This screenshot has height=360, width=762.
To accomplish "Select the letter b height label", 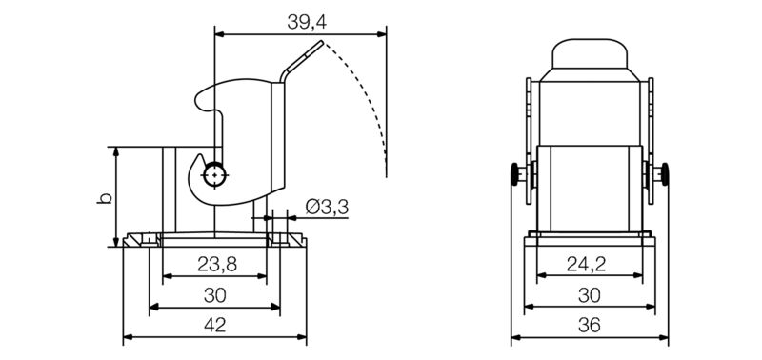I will (105, 198).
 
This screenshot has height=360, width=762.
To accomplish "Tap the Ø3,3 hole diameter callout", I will (325, 207).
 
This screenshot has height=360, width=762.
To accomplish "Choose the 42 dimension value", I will (215, 326).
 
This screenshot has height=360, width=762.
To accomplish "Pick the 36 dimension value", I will (589, 326).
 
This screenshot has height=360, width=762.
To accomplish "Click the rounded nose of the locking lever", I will (201, 97).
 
